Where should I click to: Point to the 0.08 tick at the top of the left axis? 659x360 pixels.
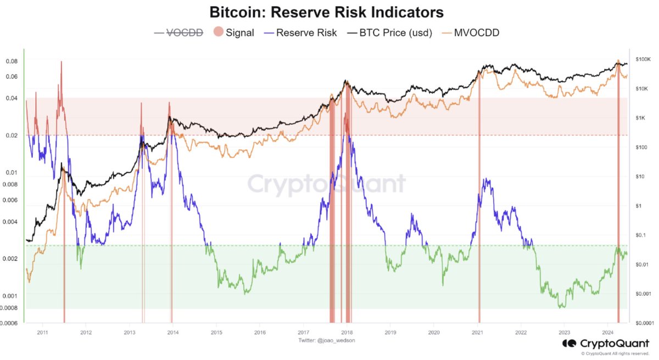click(11, 61)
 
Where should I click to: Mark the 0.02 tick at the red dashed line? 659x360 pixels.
click(11, 135)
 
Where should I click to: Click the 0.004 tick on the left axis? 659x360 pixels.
click(9, 222)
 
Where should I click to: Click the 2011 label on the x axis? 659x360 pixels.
click(42, 333)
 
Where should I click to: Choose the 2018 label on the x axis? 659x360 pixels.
click(347, 333)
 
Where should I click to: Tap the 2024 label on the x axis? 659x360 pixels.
click(607, 333)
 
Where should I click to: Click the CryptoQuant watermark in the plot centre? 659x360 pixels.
click(326, 183)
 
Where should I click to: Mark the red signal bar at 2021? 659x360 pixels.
click(479, 220)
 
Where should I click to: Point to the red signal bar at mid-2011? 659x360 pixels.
click(64, 247)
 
